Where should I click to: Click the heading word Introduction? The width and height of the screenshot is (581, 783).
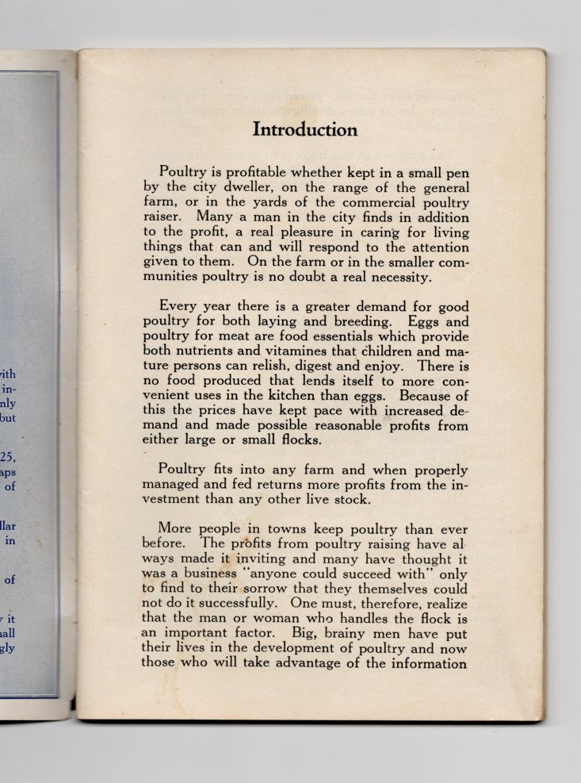(305, 129)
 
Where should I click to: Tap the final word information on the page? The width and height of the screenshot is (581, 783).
(426, 663)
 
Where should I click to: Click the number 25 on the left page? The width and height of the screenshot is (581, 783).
(7, 456)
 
